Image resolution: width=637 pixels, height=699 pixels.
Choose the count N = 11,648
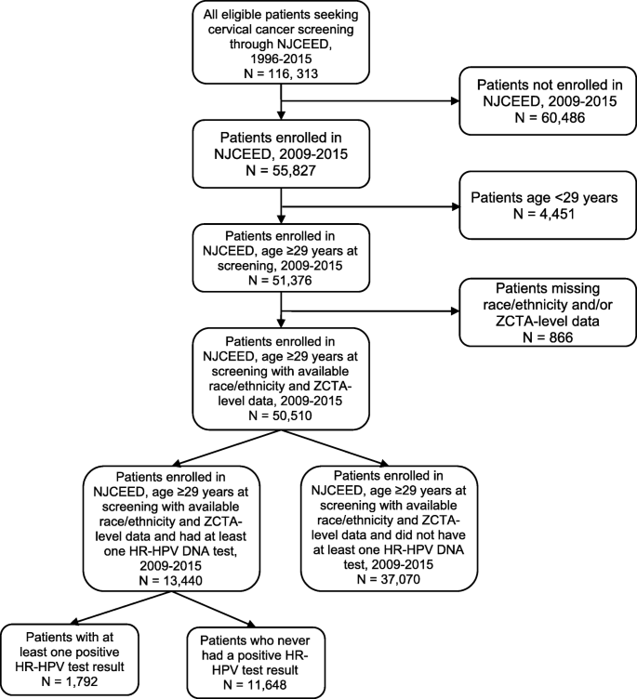pyautogui.click(x=247, y=685)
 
